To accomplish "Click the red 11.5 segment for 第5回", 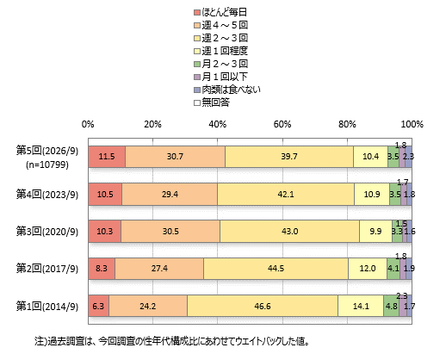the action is [107, 157].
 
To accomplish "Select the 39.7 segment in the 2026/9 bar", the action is [289, 157].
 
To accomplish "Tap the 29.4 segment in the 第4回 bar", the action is [170, 195].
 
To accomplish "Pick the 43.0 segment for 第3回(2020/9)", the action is [290, 232].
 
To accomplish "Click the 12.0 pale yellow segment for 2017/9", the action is [368, 269].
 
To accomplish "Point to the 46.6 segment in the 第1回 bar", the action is [263, 306].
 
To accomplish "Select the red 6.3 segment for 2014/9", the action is [98, 306].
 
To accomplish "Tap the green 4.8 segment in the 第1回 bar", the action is [391, 306].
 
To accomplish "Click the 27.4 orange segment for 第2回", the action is [159, 269].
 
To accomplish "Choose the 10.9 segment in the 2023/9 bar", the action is [372, 195].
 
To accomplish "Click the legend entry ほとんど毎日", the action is [220, 12].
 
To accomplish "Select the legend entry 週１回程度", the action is [220, 51].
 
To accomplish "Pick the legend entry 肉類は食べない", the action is [227, 90].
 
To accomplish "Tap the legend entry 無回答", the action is [212, 102].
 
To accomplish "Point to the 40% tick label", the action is [217, 124].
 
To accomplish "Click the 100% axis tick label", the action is [412, 124].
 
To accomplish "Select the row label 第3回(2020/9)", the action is [47, 232].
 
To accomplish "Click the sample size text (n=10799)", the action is [47, 164].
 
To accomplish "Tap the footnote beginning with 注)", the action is [172, 341].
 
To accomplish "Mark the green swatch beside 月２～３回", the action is [197, 64].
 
